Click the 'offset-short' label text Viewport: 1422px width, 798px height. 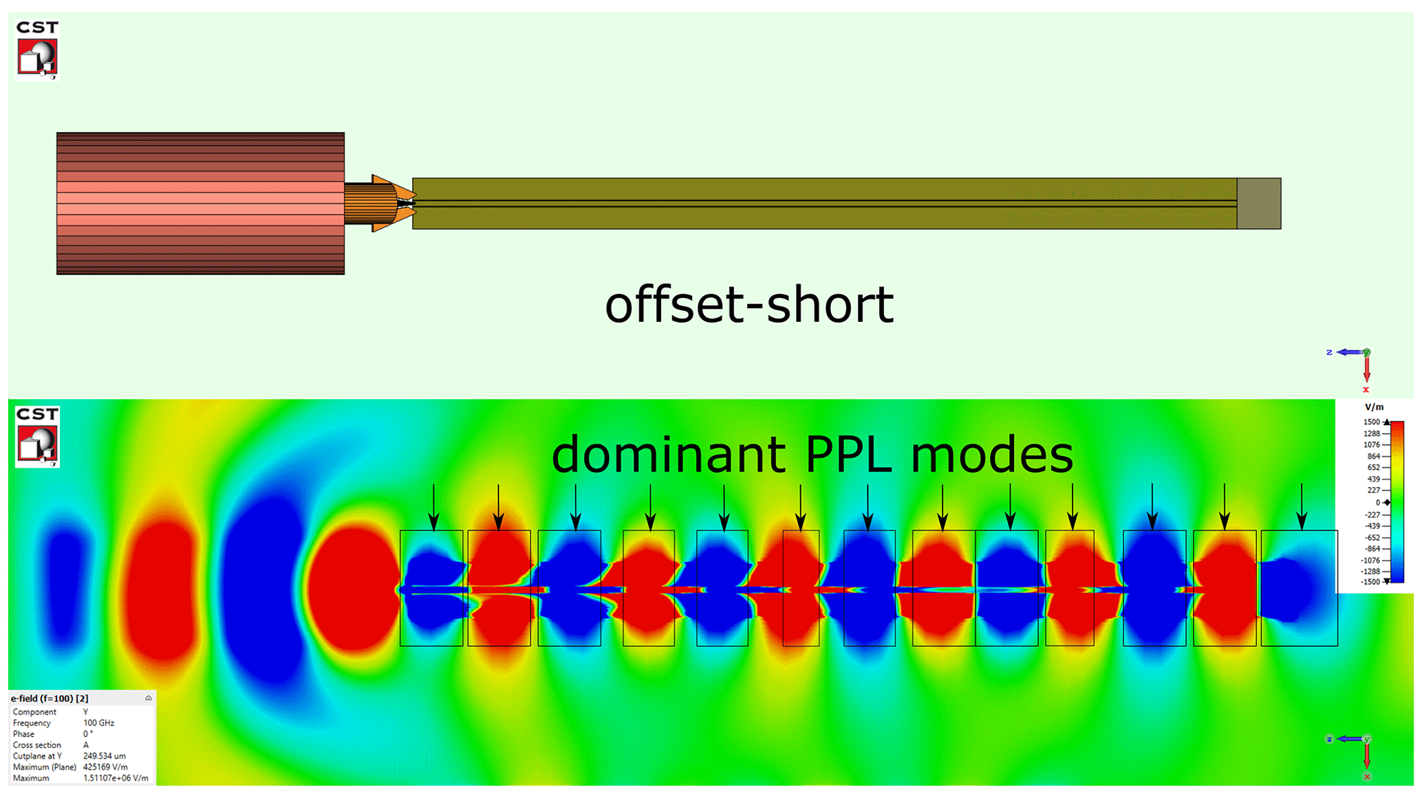click(x=748, y=305)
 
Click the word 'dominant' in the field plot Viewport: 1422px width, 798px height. click(x=668, y=455)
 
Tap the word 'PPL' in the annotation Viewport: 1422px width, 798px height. click(x=848, y=455)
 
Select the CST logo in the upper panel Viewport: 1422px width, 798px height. click(x=37, y=50)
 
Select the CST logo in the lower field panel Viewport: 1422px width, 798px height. click(x=37, y=436)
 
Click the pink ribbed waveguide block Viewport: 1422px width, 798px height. click(x=200, y=204)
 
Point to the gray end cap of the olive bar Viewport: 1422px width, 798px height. click(x=1258, y=204)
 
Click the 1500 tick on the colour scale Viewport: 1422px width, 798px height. click(x=1372, y=422)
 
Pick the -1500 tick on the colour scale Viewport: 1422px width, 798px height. click(x=1370, y=582)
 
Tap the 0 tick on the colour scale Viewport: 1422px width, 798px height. click(x=1377, y=503)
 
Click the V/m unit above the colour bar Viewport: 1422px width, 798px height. click(x=1374, y=407)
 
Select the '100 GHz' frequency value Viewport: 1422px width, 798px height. click(x=99, y=723)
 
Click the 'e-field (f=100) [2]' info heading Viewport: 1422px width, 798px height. click(x=50, y=698)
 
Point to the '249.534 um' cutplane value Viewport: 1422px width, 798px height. click(x=105, y=756)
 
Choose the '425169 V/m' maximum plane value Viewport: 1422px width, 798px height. click(x=105, y=767)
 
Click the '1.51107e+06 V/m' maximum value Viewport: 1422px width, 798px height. click(x=116, y=778)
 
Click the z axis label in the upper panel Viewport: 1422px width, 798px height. click(x=1329, y=352)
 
